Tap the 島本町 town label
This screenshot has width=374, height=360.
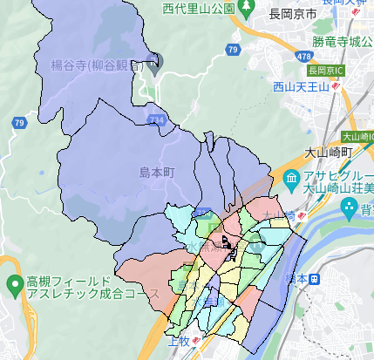pyautogui.click(x=157, y=173)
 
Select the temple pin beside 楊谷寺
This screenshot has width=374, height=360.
pyautogui.click(x=156, y=62)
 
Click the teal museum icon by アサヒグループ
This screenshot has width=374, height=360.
pyautogui.click(x=290, y=179)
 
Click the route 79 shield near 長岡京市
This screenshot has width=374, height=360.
pyautogui.click(x=231, y=51)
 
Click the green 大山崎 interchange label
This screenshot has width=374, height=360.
pyautogui.click(x=357, y=137)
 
